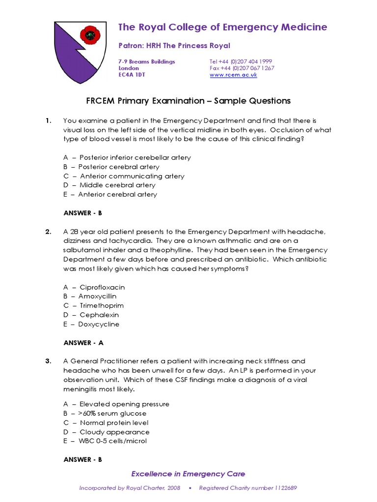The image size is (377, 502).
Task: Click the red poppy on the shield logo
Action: (89, 35)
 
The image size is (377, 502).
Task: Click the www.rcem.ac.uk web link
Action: (233, 75)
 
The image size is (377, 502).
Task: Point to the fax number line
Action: (242, 68)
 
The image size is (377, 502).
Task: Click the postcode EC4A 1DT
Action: (132, 75)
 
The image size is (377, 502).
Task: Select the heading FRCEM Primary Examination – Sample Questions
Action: (188, 101)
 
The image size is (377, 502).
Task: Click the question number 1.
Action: (48, 121)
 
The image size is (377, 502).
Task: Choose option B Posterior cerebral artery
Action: (111, 167)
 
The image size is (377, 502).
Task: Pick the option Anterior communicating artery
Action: (124, 176)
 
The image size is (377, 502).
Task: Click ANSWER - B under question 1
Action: (82, 213)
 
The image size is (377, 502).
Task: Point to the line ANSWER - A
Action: (83, 343)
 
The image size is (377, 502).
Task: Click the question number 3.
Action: (48, 361)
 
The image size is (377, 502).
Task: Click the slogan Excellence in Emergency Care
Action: (188, 474)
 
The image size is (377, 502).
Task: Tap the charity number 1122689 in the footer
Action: (285, 488)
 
